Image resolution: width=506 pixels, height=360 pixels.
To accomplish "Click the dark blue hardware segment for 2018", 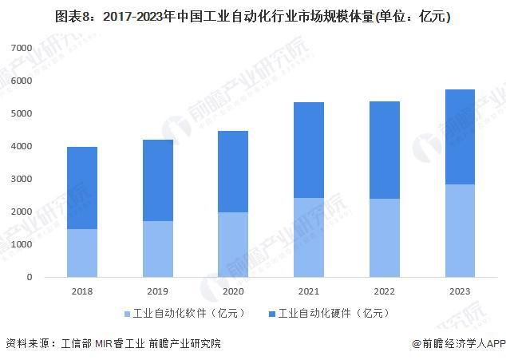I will [x=82, y=188].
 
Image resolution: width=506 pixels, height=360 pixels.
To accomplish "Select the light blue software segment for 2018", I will [x=82, y=253].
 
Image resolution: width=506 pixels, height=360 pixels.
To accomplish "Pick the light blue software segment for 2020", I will [x=233, y=244].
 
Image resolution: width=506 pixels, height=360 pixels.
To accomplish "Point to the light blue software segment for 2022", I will [x=384, y=238].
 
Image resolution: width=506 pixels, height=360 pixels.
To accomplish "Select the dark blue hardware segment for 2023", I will [x=459, y=136].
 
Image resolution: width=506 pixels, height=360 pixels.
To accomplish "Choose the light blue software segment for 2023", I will [x=459, y=231].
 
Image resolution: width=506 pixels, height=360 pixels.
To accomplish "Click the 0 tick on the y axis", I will [x=28, y=278].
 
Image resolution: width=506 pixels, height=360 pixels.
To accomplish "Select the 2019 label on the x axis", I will [x=158, y=291].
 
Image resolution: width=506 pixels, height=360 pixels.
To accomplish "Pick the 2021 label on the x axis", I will [x=309, y=291].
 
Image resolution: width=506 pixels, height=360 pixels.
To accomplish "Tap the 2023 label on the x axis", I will [x=459, y=291].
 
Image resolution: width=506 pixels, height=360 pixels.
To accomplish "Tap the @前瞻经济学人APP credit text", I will [x=454, y=344].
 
